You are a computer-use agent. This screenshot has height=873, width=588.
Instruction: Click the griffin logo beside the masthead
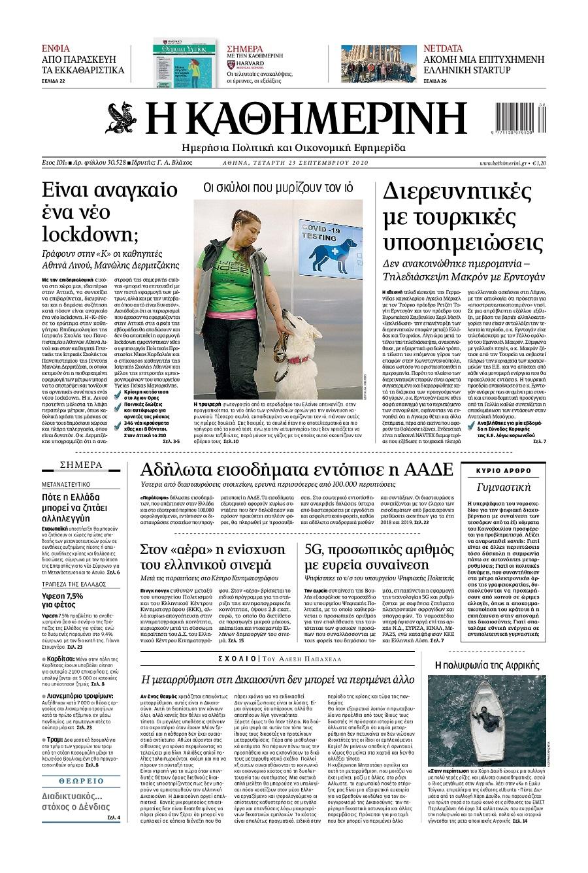pos(122,118)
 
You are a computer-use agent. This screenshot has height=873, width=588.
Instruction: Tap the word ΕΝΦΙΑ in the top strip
pos(56,48)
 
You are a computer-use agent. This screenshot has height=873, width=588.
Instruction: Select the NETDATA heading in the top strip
pos(442,48)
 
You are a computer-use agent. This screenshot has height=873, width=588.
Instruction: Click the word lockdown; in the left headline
pos(85,233)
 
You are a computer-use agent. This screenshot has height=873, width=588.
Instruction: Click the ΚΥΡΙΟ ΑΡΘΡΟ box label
pos(503,470)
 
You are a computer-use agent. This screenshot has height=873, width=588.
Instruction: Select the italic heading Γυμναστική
pos(503,487)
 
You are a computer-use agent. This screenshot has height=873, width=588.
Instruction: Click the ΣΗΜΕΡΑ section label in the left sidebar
pos(81,465)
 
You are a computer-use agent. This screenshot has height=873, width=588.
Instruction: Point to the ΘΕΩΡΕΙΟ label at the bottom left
pos(81,780)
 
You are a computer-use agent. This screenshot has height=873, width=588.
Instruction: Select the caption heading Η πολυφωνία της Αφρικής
pos(487,665)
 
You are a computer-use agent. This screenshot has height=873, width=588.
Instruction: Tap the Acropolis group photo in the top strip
pos(378,64)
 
